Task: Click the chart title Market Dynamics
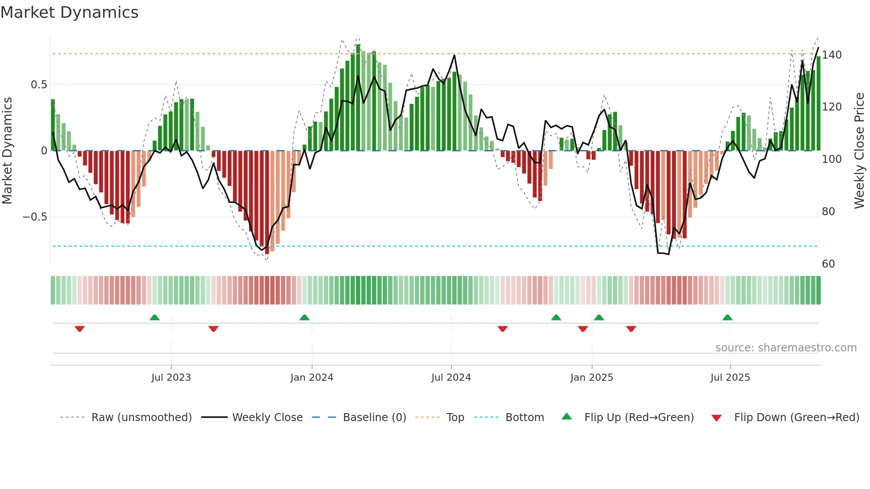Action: click(69, 12)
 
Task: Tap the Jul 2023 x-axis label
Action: click(171, 378)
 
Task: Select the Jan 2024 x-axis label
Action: click(312, 378)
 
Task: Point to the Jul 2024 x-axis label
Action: click(451, 378)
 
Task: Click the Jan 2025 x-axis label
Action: click(592, 378)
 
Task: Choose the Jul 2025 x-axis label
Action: click(730, 378)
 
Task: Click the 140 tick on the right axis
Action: click(831, 55)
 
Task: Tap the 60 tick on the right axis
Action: click(828, 264)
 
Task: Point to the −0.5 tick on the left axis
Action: click(35, 217)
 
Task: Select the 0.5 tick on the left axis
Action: click(39, 85)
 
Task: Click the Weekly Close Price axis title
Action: click(859, 151)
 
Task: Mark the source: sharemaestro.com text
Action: click(786, 348)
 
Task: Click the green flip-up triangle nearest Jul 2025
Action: click(727, 317)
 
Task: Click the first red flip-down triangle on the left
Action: click(79, 329)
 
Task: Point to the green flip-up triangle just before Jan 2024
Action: click(304, 317)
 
